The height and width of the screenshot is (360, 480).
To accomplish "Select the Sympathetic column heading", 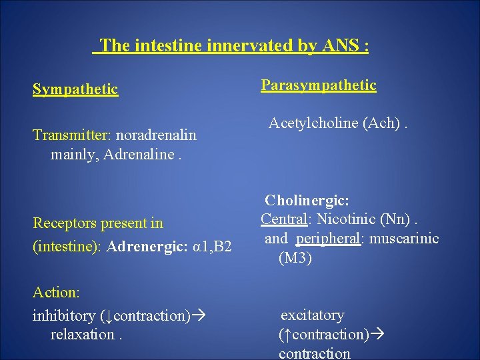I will point(75,89).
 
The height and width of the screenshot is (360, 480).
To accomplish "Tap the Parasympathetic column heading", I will point(318,85).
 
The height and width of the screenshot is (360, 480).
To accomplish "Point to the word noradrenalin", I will point(157,135).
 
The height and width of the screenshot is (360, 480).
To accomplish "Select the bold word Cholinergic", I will point(307,200).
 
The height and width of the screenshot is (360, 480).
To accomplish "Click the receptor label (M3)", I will point(295,258).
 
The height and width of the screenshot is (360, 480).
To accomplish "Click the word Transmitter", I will point(72,135).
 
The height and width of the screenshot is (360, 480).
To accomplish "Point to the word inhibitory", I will point(64,315).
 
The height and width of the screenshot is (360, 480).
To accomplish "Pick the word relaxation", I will point(81,335).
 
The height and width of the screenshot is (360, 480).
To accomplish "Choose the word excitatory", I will point(312,315).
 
